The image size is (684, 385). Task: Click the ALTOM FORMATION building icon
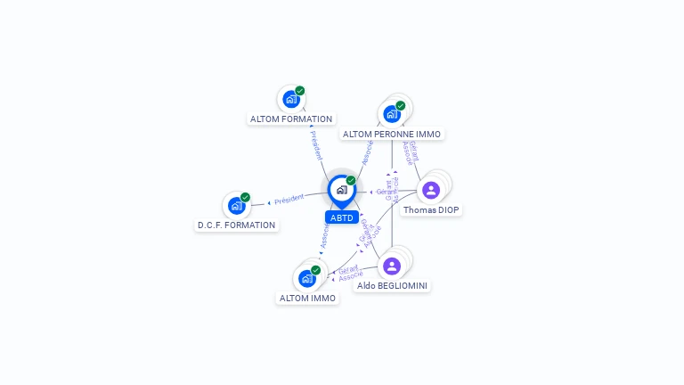(x=290, y=99)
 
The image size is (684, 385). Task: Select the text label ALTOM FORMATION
(x=291, y=119)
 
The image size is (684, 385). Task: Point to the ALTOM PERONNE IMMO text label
(x=392, y=134)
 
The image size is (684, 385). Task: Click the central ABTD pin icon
(x=341, y=190)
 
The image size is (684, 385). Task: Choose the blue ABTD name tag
(x=342, y=217)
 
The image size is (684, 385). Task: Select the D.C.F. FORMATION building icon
(x=236, y=206)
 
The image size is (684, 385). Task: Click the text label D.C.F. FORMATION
(x=237, y=225)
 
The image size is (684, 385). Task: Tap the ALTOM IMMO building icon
(x=307, y=278)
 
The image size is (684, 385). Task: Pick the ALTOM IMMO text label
(x=308, y=299)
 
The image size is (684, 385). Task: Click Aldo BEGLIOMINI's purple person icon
(x=392, y=266)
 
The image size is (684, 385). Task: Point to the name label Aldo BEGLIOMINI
(x=392, y=285)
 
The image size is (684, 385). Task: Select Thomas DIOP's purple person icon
(x=431, y=190)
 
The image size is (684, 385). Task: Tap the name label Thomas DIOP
(x=431, y=210)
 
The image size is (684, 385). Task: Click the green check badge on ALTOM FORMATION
(x=300, y=91)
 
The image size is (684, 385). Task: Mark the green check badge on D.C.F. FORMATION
(x=246, y=198)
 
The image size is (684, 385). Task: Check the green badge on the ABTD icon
(x=351, y=181)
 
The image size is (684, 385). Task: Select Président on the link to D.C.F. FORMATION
(x=289, y=200)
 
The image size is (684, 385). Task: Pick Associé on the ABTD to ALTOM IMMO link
(x=325, y=236)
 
